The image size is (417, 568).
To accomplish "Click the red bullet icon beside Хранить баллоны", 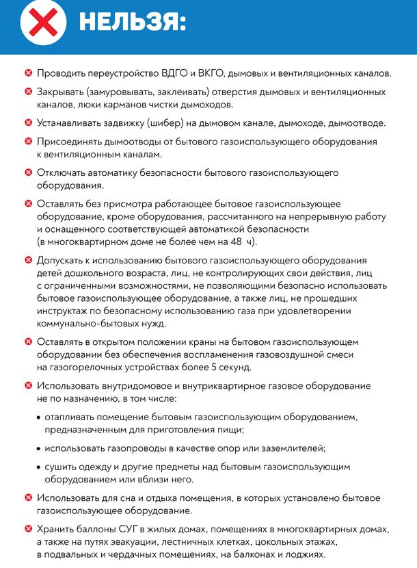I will pos(28,528).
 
